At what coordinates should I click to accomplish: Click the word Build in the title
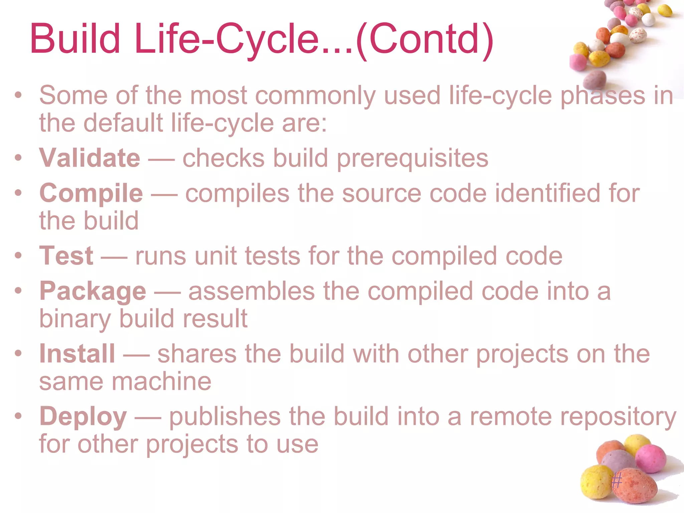(75, 38)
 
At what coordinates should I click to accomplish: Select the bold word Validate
(90, 158)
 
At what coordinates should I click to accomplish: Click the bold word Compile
(91, 194)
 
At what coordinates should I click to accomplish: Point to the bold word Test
(66, 256)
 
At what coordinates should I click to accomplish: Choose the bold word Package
(93, 292)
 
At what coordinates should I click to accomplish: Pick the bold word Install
(77, 353)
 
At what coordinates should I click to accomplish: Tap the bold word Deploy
(83, 416)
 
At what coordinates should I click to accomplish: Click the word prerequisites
(412, 159)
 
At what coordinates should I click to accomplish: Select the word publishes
(225, 417)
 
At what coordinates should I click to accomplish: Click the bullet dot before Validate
(18, 157)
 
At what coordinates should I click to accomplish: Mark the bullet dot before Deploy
(18, 416)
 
